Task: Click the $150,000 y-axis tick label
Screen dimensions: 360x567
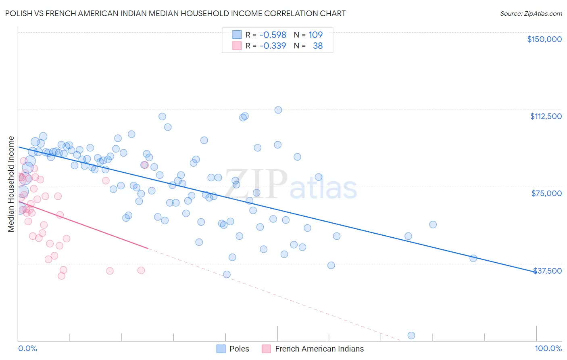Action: (544, 39)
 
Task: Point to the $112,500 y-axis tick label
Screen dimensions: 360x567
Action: (546, 116)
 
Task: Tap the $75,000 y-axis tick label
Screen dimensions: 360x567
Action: (546, 193)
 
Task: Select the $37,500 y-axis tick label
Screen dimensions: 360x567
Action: (547, 271)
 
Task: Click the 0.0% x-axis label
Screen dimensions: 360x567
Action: (27, 349)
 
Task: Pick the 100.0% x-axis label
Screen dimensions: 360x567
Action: (548, 349)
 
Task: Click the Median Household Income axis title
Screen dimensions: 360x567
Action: (11, 184)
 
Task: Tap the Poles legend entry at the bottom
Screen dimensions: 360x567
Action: (239, 349)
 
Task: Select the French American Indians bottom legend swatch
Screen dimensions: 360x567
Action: (266, 349)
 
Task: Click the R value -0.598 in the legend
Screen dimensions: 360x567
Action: (273, 35)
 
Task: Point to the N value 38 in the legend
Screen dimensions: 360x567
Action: (318, 46)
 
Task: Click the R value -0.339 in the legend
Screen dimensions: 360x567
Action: (273, 46)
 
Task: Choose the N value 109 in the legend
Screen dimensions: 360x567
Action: (315, 35)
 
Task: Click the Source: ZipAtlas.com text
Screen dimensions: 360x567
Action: (531, 14)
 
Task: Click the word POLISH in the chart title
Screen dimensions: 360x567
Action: (19, 13)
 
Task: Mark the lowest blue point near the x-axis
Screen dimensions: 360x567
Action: (411, 335)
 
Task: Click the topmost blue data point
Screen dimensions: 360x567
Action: (278, 110)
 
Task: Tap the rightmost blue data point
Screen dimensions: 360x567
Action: (473, 258)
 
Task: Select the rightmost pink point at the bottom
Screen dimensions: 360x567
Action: (141, 270)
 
